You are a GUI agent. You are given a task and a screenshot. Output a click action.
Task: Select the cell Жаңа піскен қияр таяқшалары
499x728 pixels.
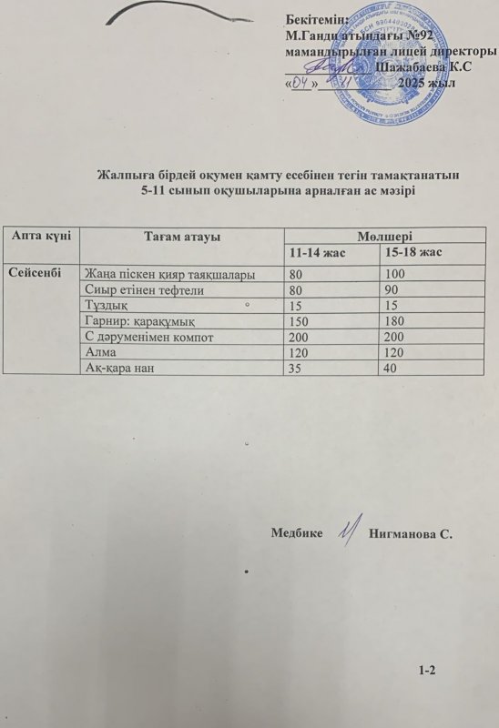169,274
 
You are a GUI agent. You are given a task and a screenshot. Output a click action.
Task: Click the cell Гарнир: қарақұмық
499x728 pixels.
138,322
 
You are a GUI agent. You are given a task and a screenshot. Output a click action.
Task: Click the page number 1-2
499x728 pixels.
428,671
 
